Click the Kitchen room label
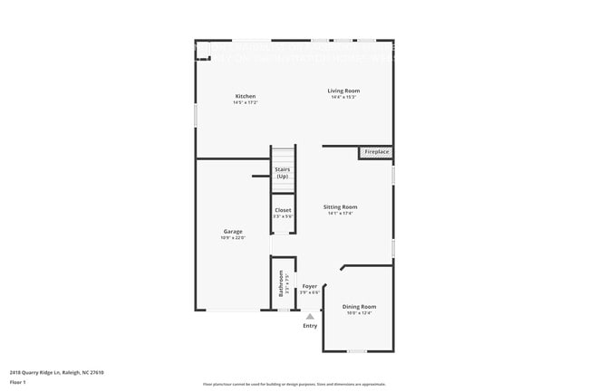(x=246, y=96)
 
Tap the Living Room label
(x=344, y=91)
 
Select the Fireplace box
(x=377, y=152)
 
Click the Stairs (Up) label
(x=283, y=172)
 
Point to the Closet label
(x=284, y=210)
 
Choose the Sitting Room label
(x=341, y=207)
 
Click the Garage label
(x=233, y=231)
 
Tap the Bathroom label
(x=282, y=284)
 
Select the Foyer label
(x=310, y=285)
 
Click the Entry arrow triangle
(x=310, y=317)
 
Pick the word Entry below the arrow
(x=310, y=326)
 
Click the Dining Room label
(x=359, y=307)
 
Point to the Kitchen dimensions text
(x=246, y=103)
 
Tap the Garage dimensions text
(x=233, y=238)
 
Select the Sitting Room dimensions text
(x=341, y=215)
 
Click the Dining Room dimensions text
(x=359, y=314)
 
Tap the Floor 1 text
(x=19, y=382)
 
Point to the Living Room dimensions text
(x=344, y=98)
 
